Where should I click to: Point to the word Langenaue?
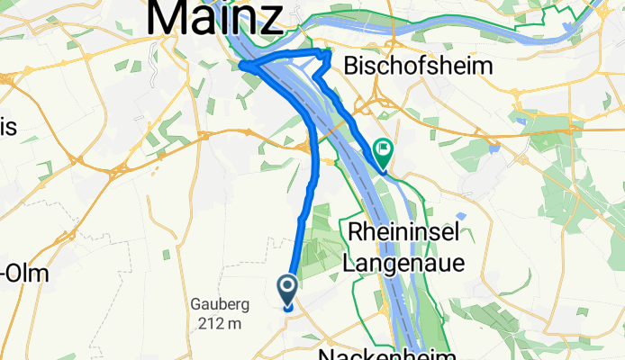[x=403, y=263]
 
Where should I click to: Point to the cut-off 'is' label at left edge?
[x=8, y=127]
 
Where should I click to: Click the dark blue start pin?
[x=288, y=291]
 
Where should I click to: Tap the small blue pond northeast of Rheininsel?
[x=461, y=216]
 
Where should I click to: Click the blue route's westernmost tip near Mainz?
[x=242, y=65]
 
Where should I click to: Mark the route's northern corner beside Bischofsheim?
[x=329, y=53]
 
